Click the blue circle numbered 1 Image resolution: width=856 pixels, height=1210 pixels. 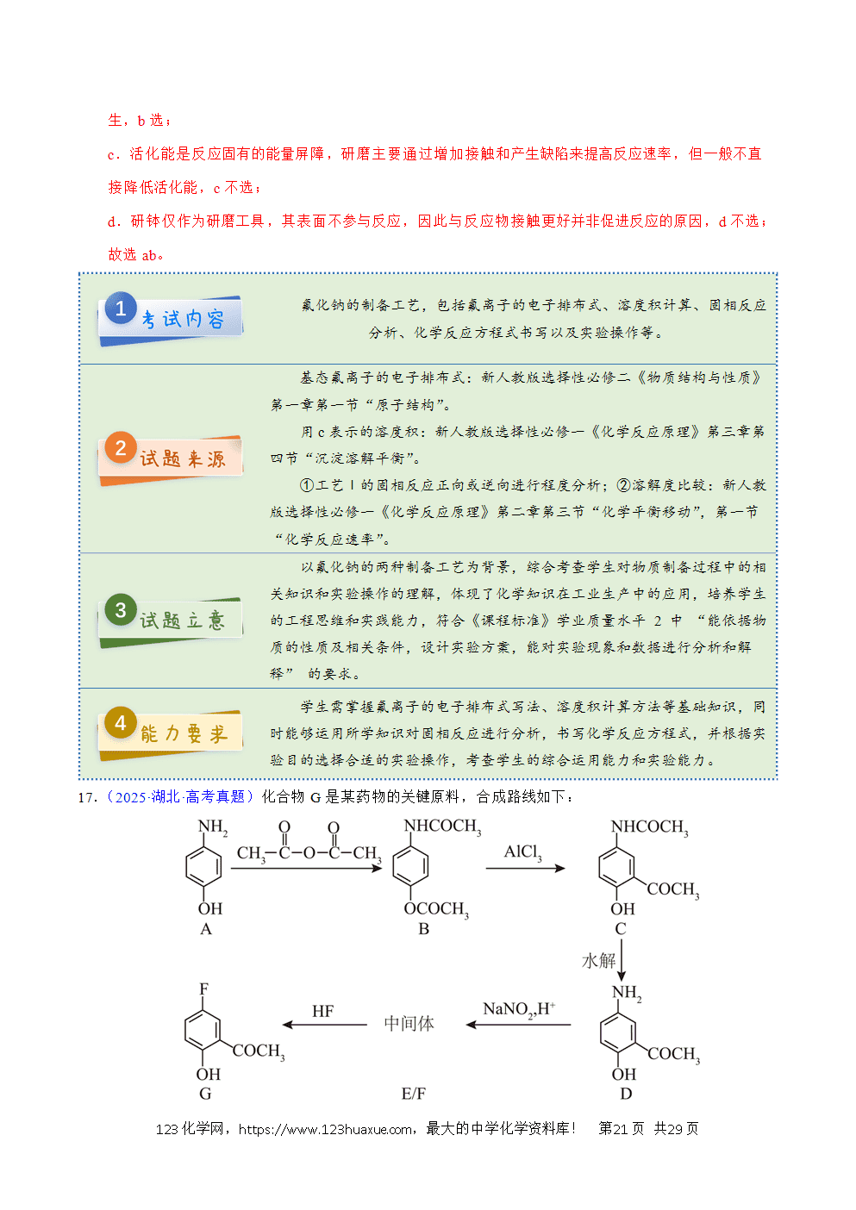121,309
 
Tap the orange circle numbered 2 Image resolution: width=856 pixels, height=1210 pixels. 121,448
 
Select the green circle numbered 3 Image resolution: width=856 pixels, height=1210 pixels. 121,610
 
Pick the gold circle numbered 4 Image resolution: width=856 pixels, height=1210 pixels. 121,723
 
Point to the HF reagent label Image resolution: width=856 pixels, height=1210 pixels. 322,1011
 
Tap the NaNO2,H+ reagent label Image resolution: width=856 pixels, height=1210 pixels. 519,1008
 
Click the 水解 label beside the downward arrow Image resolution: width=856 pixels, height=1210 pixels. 599,960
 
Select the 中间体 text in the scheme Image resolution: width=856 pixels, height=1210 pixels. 409,1023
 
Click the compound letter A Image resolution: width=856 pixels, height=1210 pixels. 206,928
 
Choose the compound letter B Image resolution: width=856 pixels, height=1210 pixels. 423,928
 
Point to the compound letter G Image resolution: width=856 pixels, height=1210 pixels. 205,1094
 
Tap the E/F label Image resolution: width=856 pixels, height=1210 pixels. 414,1094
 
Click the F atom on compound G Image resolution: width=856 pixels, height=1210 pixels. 203,989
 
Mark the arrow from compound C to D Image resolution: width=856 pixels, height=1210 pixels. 622,960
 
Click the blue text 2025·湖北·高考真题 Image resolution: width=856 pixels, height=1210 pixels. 180,797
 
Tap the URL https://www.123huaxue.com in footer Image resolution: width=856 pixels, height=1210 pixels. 325,1129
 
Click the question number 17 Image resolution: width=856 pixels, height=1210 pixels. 86,797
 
